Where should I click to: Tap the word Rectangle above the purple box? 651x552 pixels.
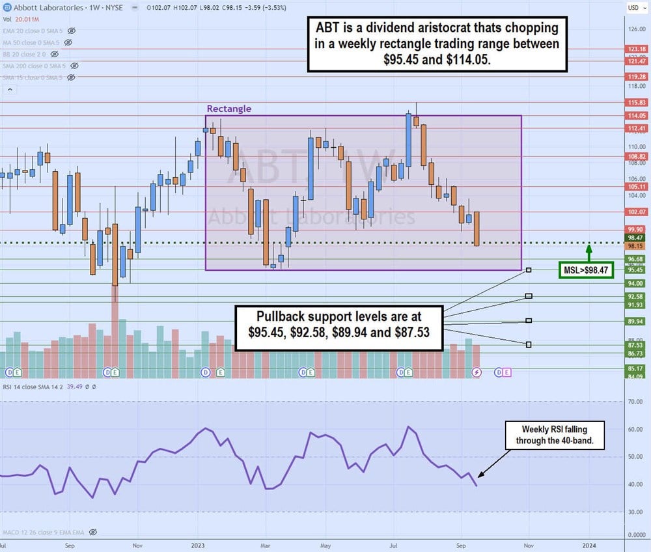229,109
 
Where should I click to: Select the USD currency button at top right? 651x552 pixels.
633,7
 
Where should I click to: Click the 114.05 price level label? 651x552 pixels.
635,115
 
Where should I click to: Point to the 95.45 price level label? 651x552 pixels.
635,269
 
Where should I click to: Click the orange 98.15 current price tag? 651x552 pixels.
635,247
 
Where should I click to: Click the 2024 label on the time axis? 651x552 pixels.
589,544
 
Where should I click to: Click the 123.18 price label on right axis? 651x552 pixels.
635,49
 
